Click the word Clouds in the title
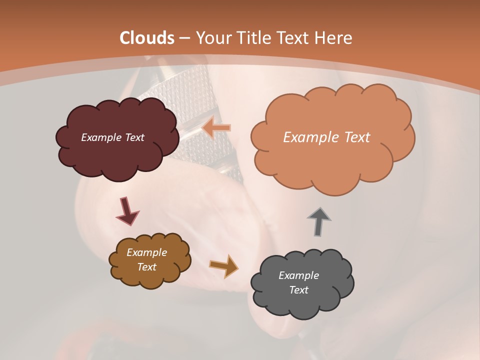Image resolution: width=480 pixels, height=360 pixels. (x=147, y=38)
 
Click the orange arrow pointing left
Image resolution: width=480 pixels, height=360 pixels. (x=216, y=128)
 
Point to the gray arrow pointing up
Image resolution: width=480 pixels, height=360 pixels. (x=319, y=221)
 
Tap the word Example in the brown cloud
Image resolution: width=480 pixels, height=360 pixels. (x=146, y=252)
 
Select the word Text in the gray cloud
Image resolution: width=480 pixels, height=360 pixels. (x=298, y=290)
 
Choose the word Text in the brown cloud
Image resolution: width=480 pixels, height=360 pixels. (x=146, y=267)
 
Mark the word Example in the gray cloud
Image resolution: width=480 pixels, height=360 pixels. (x=298, y=275)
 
